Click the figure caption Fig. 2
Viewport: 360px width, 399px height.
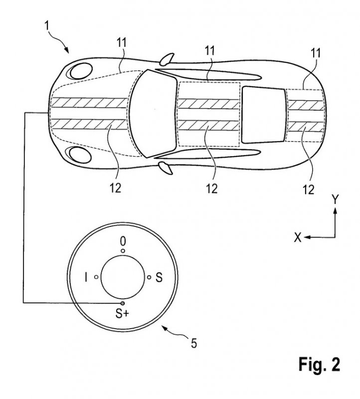click(x=320, y=365)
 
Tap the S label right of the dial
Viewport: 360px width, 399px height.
click(x=159, y=278)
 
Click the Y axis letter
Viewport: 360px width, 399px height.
click(x=336, y=200)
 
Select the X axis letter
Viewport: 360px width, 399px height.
click(x=298, y=238)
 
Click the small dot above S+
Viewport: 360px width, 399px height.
click(x=123, y=303)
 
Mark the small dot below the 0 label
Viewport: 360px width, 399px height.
click(x=123, y=251)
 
